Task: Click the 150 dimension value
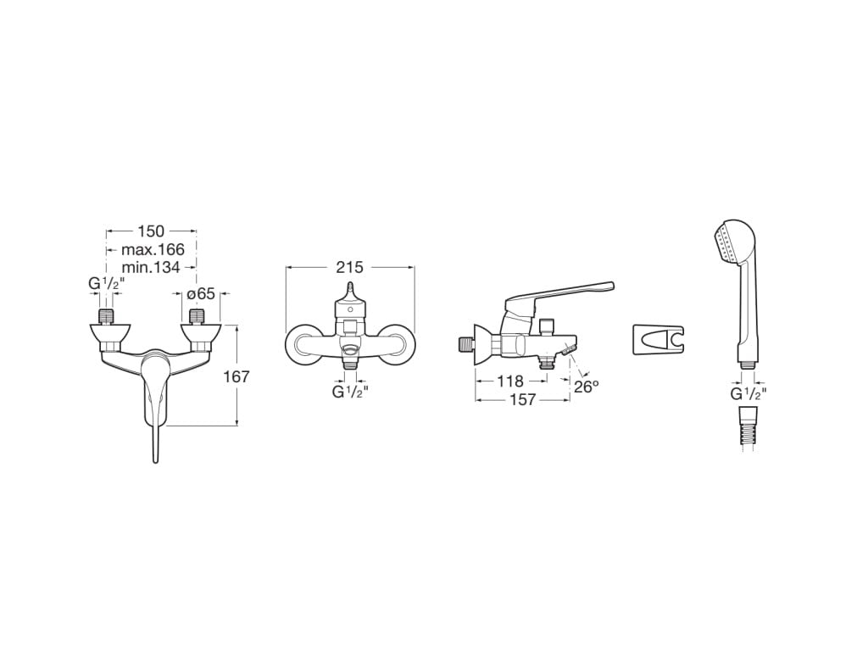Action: click(x=151, y=231)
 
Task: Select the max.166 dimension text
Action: click(x=153, y=249)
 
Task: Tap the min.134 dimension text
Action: click(x=151, y=267)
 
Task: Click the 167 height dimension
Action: click(x=236, y=377)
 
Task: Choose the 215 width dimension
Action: click(x=350, y=267)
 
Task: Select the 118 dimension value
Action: click(x=509, y=381)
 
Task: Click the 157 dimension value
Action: click(x=522, y=399)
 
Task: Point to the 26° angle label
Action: click(x=587, y=386)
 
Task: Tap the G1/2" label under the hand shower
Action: click(x=748, y=394)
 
